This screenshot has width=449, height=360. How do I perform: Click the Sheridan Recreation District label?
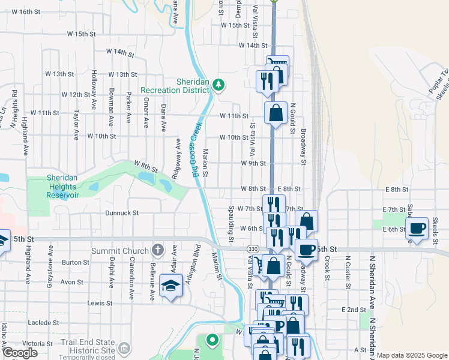click(x=175, y=86)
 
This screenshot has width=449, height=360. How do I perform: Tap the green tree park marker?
click(x=218, y=85)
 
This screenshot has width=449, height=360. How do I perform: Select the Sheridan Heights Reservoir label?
click(x=63, y=185)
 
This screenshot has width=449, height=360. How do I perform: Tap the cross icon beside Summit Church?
click(x=158, y=250)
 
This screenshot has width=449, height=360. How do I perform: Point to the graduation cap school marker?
click(x=172, y=287)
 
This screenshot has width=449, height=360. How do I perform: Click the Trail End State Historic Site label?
click(x=88, y=346)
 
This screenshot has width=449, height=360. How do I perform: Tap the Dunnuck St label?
click(x=122, y=213)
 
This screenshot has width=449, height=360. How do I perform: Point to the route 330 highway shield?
click(x=252, y=248)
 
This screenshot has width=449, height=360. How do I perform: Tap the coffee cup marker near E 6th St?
click(x=417, y=229)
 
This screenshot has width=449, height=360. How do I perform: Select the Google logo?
click(x=20, y=353)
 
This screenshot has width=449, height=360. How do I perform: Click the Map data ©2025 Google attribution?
click(x=412, y=355)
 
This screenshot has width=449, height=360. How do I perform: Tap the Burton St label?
click(x=75, y=262)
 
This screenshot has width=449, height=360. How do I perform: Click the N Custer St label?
click(x=348, y=273)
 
